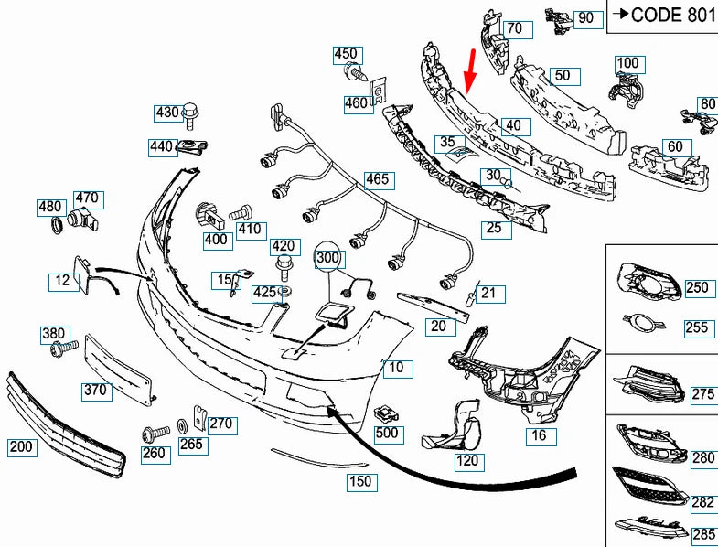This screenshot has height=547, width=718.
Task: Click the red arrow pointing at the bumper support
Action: click(x=470, y=71)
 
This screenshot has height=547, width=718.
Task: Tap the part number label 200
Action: click(x=21, y=447)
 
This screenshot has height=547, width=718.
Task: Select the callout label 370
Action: click(x=95, y=391)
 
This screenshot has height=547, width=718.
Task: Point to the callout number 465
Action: click(x=376, y=179)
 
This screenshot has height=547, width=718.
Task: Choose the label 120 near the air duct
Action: click(x=466, y=462)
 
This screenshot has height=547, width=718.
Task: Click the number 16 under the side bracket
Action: click(x=540, y=435)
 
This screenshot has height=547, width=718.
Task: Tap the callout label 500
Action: click(x=387, y=433)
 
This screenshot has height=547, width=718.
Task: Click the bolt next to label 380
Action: click(x=64, y=349)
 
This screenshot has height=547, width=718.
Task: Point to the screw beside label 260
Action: click(x=154, y=429)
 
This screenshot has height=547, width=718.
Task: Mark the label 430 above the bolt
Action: click(x=167, y=113)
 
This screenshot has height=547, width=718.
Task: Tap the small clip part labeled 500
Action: click(x=386, y=412)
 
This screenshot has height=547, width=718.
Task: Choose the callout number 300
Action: click(x=327, y=259)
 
